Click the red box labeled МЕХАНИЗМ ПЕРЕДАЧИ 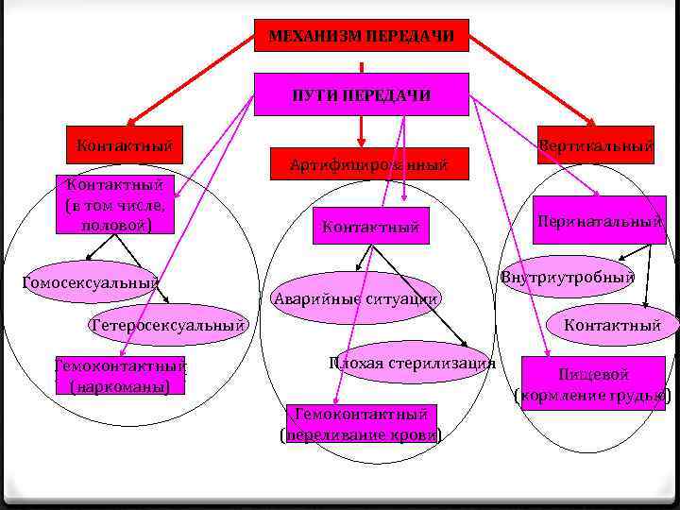tap(362, 36)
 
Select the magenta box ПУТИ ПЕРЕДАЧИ tap(362, 94)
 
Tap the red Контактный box tap(124, 145)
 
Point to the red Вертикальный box tap(595, 145)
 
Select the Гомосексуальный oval tap(90, 281)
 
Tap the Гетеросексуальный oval tap(168, 325)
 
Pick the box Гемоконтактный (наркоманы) tap(120, 376)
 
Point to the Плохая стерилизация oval tap(413, 363)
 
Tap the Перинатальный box tap(599, 220)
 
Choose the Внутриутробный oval tap(567, 277)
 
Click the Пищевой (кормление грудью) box tap(593, 382)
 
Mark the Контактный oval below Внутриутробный tap(611, 325)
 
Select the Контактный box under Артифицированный tap(369, 226)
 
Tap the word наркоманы tap(120, 386)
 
